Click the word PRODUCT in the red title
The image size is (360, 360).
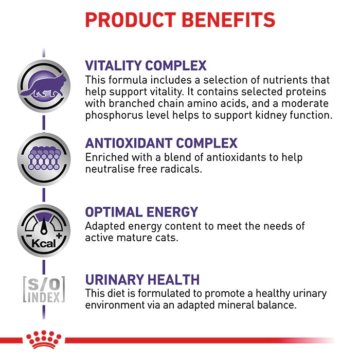point(131,20)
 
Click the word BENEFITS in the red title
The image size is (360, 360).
point(229,20)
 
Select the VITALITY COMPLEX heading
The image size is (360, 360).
point(146,66)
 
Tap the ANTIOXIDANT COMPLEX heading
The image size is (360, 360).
point(161,143)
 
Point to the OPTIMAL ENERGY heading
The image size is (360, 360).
point(141,212)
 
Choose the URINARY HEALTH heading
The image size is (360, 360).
point(142,280)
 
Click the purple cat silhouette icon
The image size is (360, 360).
point(44,86)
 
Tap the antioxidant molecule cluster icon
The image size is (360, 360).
point(44,159)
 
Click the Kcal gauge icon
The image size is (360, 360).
point(44,230)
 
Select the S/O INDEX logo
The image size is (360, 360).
point(44,289)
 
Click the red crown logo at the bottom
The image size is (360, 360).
point(44,339)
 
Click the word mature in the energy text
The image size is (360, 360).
point(134,238)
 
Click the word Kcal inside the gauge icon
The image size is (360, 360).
point(44,243)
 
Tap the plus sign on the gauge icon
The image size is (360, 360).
point(59,236)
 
